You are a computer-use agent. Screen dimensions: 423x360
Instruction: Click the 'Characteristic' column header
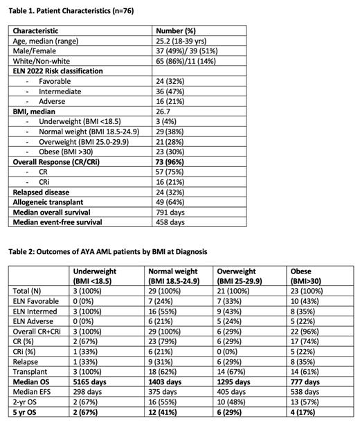pos(45,31)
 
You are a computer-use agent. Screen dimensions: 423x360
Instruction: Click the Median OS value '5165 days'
pos(96,381)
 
